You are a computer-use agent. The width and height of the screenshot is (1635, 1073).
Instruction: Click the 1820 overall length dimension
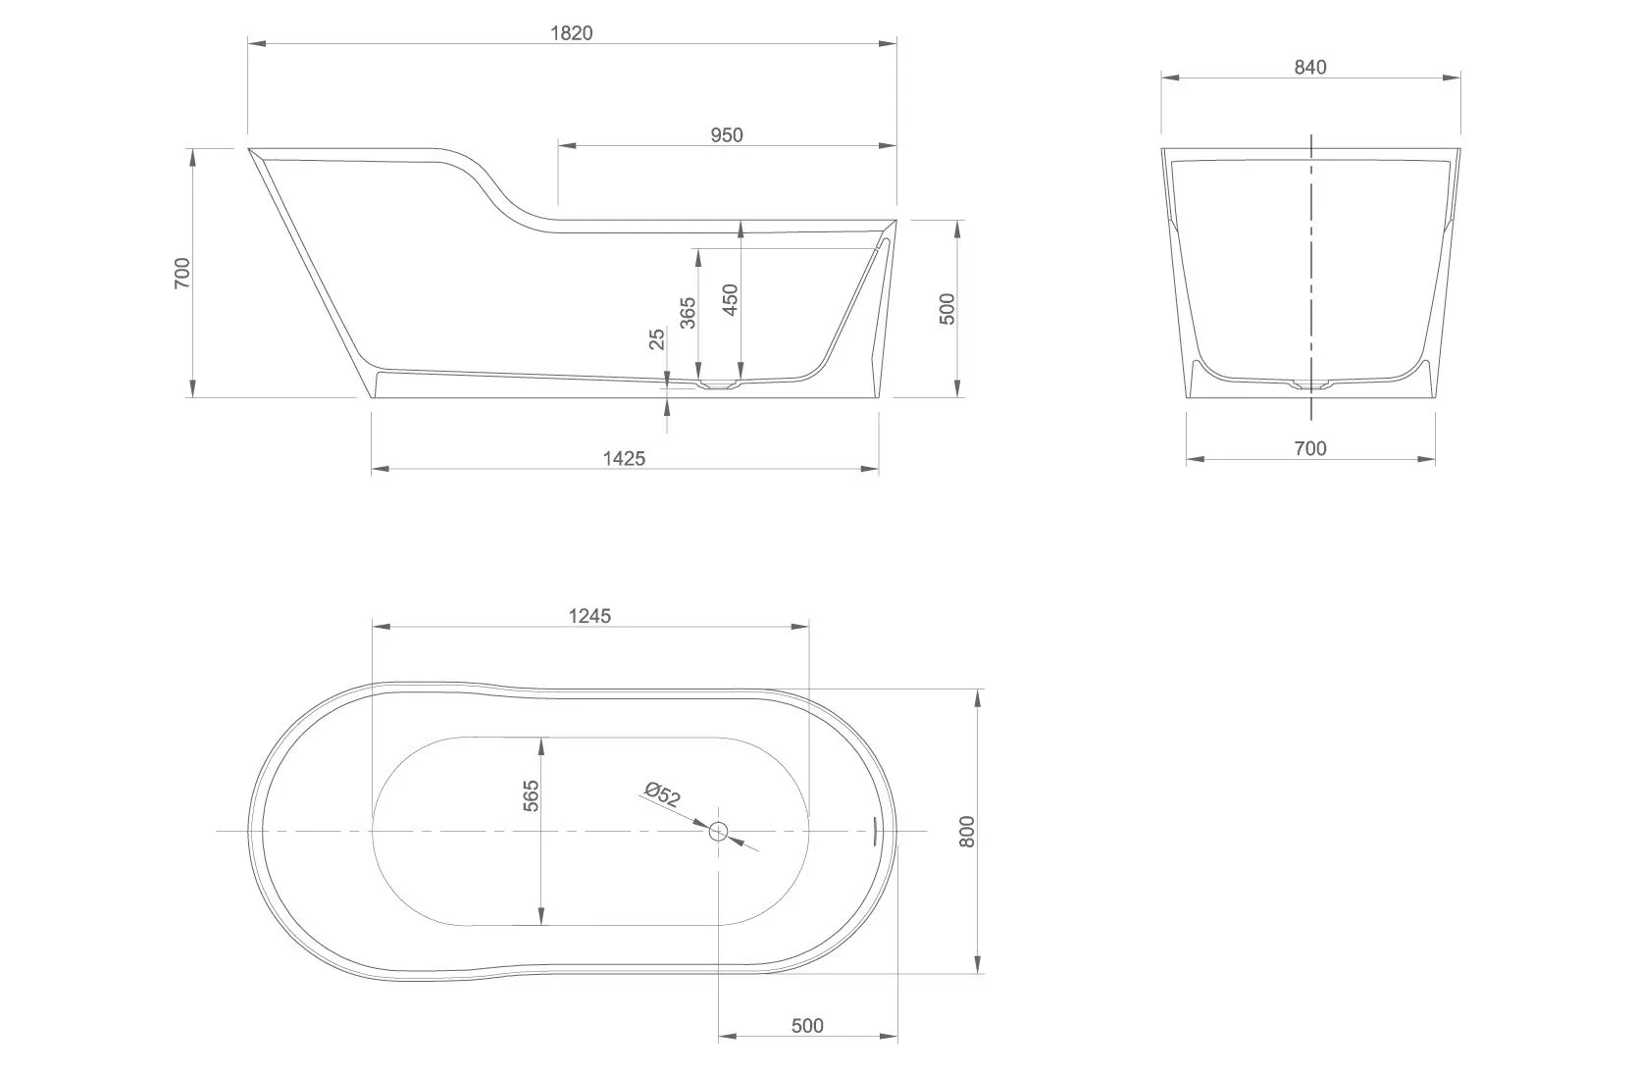click(571, 32)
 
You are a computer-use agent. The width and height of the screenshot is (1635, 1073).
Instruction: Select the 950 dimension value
click(727, 135)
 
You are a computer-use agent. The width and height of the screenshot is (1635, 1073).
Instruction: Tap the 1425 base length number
click(625, 458)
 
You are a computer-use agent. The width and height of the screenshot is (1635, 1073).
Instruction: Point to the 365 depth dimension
click(688, 313)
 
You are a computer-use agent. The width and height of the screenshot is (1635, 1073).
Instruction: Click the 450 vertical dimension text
click(730, 300)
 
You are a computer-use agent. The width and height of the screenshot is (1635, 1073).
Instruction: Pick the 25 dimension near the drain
click(657, 338)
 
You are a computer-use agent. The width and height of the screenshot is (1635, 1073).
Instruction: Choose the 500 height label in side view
click(946, 309)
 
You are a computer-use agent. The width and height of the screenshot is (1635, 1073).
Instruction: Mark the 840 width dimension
click(1310, 67)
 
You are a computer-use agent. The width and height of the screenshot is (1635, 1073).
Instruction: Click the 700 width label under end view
click(1310, 448)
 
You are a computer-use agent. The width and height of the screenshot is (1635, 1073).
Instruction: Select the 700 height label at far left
click(182, 272)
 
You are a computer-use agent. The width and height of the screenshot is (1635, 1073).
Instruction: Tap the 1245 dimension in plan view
click(589, 616)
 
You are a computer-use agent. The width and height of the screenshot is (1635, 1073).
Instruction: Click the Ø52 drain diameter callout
click(664, 794)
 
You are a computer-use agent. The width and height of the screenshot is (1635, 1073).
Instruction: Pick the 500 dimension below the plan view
click(806, 1026)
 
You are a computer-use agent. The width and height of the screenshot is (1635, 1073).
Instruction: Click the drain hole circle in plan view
click(719, 832)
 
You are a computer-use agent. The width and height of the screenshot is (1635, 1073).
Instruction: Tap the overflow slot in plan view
click(875, 830)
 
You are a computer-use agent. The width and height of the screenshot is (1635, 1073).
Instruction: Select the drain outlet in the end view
click(1311, 385)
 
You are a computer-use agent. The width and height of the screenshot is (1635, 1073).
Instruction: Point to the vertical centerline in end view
click(1311, 265)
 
